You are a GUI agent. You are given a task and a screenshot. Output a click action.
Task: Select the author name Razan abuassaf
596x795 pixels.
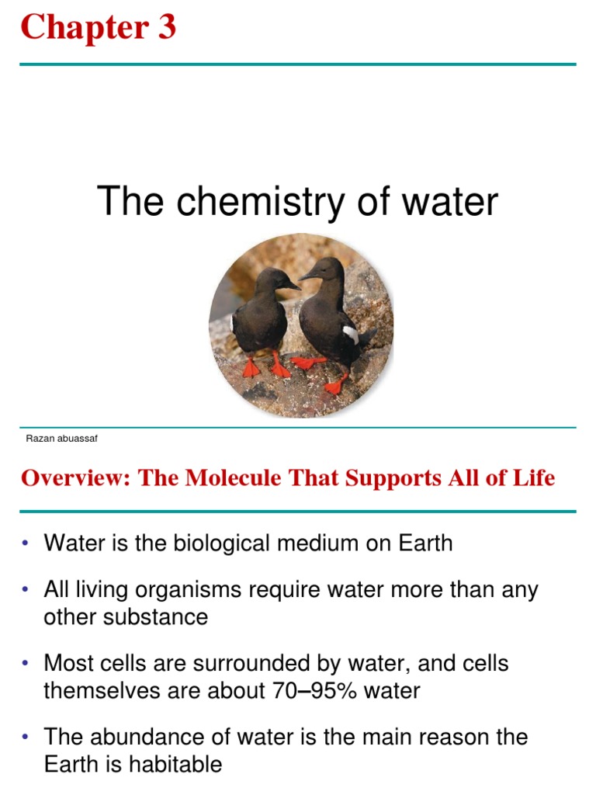point(61,439)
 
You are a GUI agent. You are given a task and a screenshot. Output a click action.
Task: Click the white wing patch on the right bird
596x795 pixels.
point(351,335)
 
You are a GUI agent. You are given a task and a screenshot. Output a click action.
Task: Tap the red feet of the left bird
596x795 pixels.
point(265,366)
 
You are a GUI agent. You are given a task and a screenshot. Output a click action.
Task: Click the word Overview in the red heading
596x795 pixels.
point(74,477)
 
